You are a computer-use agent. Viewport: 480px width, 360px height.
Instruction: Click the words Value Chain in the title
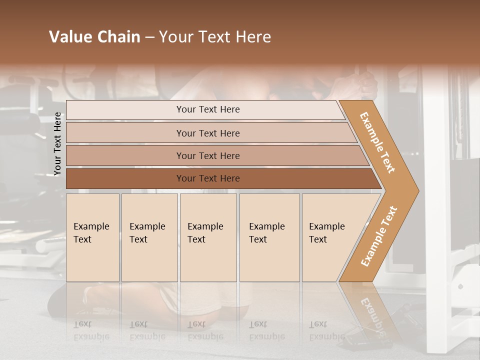point(94,37)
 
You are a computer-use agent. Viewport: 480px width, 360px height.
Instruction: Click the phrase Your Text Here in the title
point(215,37)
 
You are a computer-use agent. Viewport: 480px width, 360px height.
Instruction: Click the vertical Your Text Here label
point(57,144)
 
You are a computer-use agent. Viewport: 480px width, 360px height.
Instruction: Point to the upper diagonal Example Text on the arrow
point(377,142)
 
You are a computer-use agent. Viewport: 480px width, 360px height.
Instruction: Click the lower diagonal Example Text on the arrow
point(379,236)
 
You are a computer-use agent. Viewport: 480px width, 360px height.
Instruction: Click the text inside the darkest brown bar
point(208,178)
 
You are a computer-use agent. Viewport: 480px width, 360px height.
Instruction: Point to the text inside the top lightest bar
point(208,109)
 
